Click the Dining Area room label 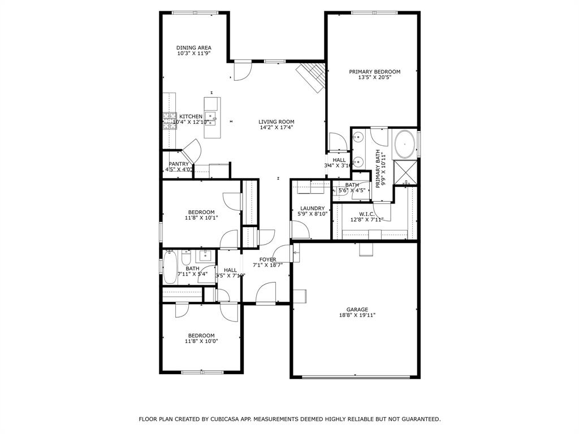click(193, 48)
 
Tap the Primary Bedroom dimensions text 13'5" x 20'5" click(374, 77)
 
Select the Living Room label click(276, 121)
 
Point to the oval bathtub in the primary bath click(404, 145)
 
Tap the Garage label click(357, 310)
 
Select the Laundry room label click(312, 209)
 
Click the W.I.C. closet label click(366, 214)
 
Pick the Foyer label click(267, 260)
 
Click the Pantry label click(179, 164)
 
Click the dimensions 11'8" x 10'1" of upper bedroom click(201, 218)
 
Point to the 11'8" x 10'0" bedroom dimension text click(201, 341)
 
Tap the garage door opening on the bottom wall click(356, 377)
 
